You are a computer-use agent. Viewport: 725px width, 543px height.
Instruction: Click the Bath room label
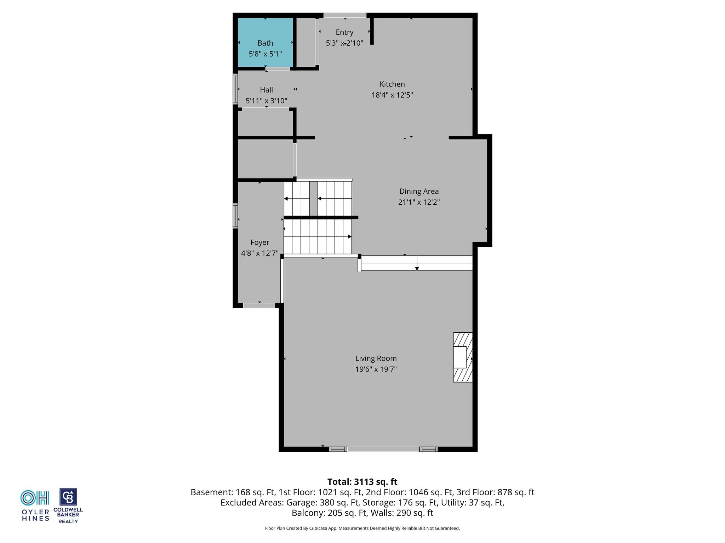(x=265, y=43)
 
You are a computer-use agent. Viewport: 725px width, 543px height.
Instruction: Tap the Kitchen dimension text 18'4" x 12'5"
(x=392, y=95)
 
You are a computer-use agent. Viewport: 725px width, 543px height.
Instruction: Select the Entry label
(x=344, y=33)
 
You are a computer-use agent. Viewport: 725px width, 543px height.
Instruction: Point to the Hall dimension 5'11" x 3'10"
(x=267, y=101)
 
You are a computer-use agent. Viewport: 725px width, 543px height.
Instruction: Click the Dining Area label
(x=419, y=191)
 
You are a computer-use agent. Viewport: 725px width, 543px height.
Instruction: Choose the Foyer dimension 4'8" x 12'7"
(x=260, y=253)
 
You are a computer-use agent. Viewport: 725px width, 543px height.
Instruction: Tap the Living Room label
(x=376, y=358)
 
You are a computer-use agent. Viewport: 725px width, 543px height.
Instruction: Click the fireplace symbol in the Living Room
(x=463, y=357)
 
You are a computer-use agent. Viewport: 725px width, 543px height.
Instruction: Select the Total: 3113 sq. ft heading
(x=362, y=482)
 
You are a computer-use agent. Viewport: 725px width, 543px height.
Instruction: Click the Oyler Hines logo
(x=35, y=506)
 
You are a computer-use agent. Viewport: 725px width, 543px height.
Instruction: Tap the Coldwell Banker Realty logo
(x=68, y=506)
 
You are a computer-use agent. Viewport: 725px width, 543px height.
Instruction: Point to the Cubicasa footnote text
(x=362, y=528)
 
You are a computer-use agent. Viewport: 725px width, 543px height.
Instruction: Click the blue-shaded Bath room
(x=265, y=42)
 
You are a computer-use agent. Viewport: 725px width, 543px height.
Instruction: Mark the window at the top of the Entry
(x=345, y=15)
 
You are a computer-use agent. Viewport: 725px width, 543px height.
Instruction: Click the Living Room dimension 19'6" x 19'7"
(x=376, y=369)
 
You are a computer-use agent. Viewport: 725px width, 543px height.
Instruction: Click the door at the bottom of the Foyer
(x=259, y=305)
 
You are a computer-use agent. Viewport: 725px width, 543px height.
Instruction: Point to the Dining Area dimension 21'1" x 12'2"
(x=419, y=202)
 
